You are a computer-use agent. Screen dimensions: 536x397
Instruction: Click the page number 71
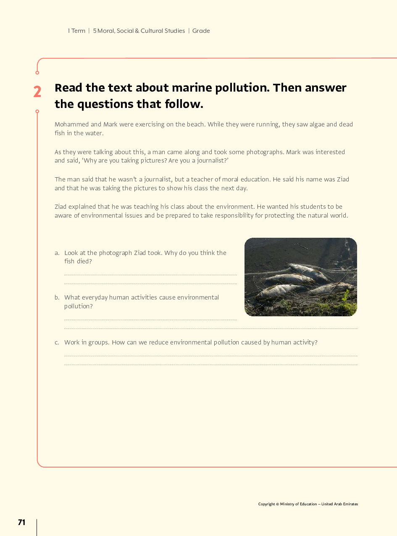pyautogui.click(x=21, y=522)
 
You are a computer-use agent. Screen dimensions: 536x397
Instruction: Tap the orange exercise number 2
pyautogui.click(x=37, y=92)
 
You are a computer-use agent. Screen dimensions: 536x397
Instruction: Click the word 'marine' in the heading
pyautogui.click(x=192, y=88)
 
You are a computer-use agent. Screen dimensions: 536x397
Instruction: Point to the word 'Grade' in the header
pyautogui.click(x=201, y=31)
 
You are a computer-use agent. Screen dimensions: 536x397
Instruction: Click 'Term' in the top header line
pyautogui.click(x=78, y=31)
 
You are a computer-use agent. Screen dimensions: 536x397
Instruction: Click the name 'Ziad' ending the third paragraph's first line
pyautogui.click(x=343, y=179)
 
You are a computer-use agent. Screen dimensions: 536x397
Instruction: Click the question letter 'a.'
pyautogui.click(x=57, y=253)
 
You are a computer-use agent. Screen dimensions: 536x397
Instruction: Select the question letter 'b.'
pyautogui.click(x=57, y=297)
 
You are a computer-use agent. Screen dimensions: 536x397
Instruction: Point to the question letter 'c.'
pyautogui.click(x=57, y=342)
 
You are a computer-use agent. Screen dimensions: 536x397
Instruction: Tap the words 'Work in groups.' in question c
pyautogui.click(x=87, y=342)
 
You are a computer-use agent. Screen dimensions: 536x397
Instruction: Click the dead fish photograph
pyautogui.click(x=300, y=277)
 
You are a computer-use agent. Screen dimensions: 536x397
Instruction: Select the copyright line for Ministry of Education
pyautogui.click(x=308, y=504)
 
